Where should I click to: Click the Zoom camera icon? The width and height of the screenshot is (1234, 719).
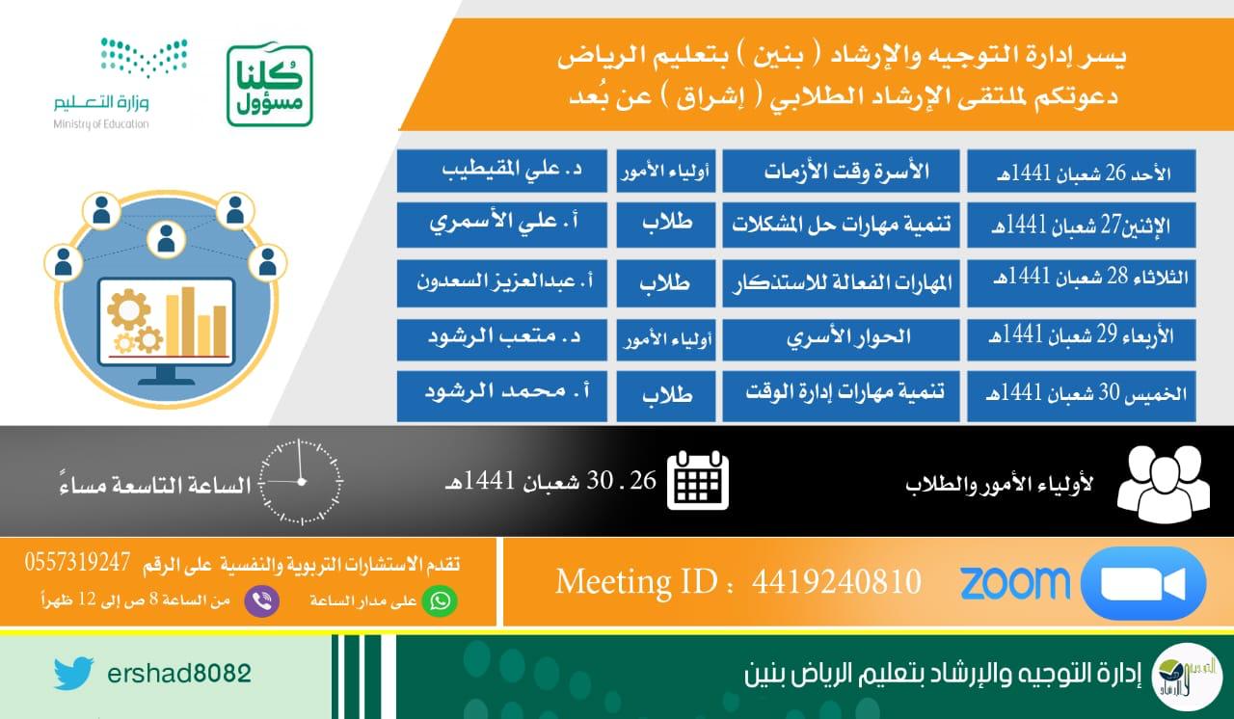coord(1143,583)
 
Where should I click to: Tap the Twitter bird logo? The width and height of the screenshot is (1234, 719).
coord(74,673)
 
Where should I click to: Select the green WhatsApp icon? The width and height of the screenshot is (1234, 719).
coord(440,600)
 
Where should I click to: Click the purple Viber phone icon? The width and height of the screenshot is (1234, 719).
coord(261,600)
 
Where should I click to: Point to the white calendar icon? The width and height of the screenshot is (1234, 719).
coord(697,481)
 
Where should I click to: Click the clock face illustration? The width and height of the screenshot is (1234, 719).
coord(301,482)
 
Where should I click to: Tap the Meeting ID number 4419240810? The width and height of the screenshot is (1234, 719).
coord(837,581)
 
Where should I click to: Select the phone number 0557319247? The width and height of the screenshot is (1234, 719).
coord(77,562)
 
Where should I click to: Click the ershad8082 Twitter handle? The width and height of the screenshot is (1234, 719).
coord(179,674)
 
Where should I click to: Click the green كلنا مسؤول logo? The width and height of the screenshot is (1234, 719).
coord(270,86)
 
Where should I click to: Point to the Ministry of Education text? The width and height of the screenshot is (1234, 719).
coord(101,124)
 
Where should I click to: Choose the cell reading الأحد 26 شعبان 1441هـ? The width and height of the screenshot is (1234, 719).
coord(1082,172)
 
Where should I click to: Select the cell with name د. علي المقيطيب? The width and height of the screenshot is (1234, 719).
coord(502,171)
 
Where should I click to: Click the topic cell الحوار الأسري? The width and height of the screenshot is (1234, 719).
coord(841,339)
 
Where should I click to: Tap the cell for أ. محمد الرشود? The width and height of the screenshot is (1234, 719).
coord(502,396)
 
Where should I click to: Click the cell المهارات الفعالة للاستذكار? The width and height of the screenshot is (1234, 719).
coord(841,283)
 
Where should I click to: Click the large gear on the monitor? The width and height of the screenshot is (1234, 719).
coord(128,310)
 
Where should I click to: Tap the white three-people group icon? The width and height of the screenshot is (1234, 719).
coord(1164,485)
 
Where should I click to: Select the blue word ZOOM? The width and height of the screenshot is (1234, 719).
coord(1015,582)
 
